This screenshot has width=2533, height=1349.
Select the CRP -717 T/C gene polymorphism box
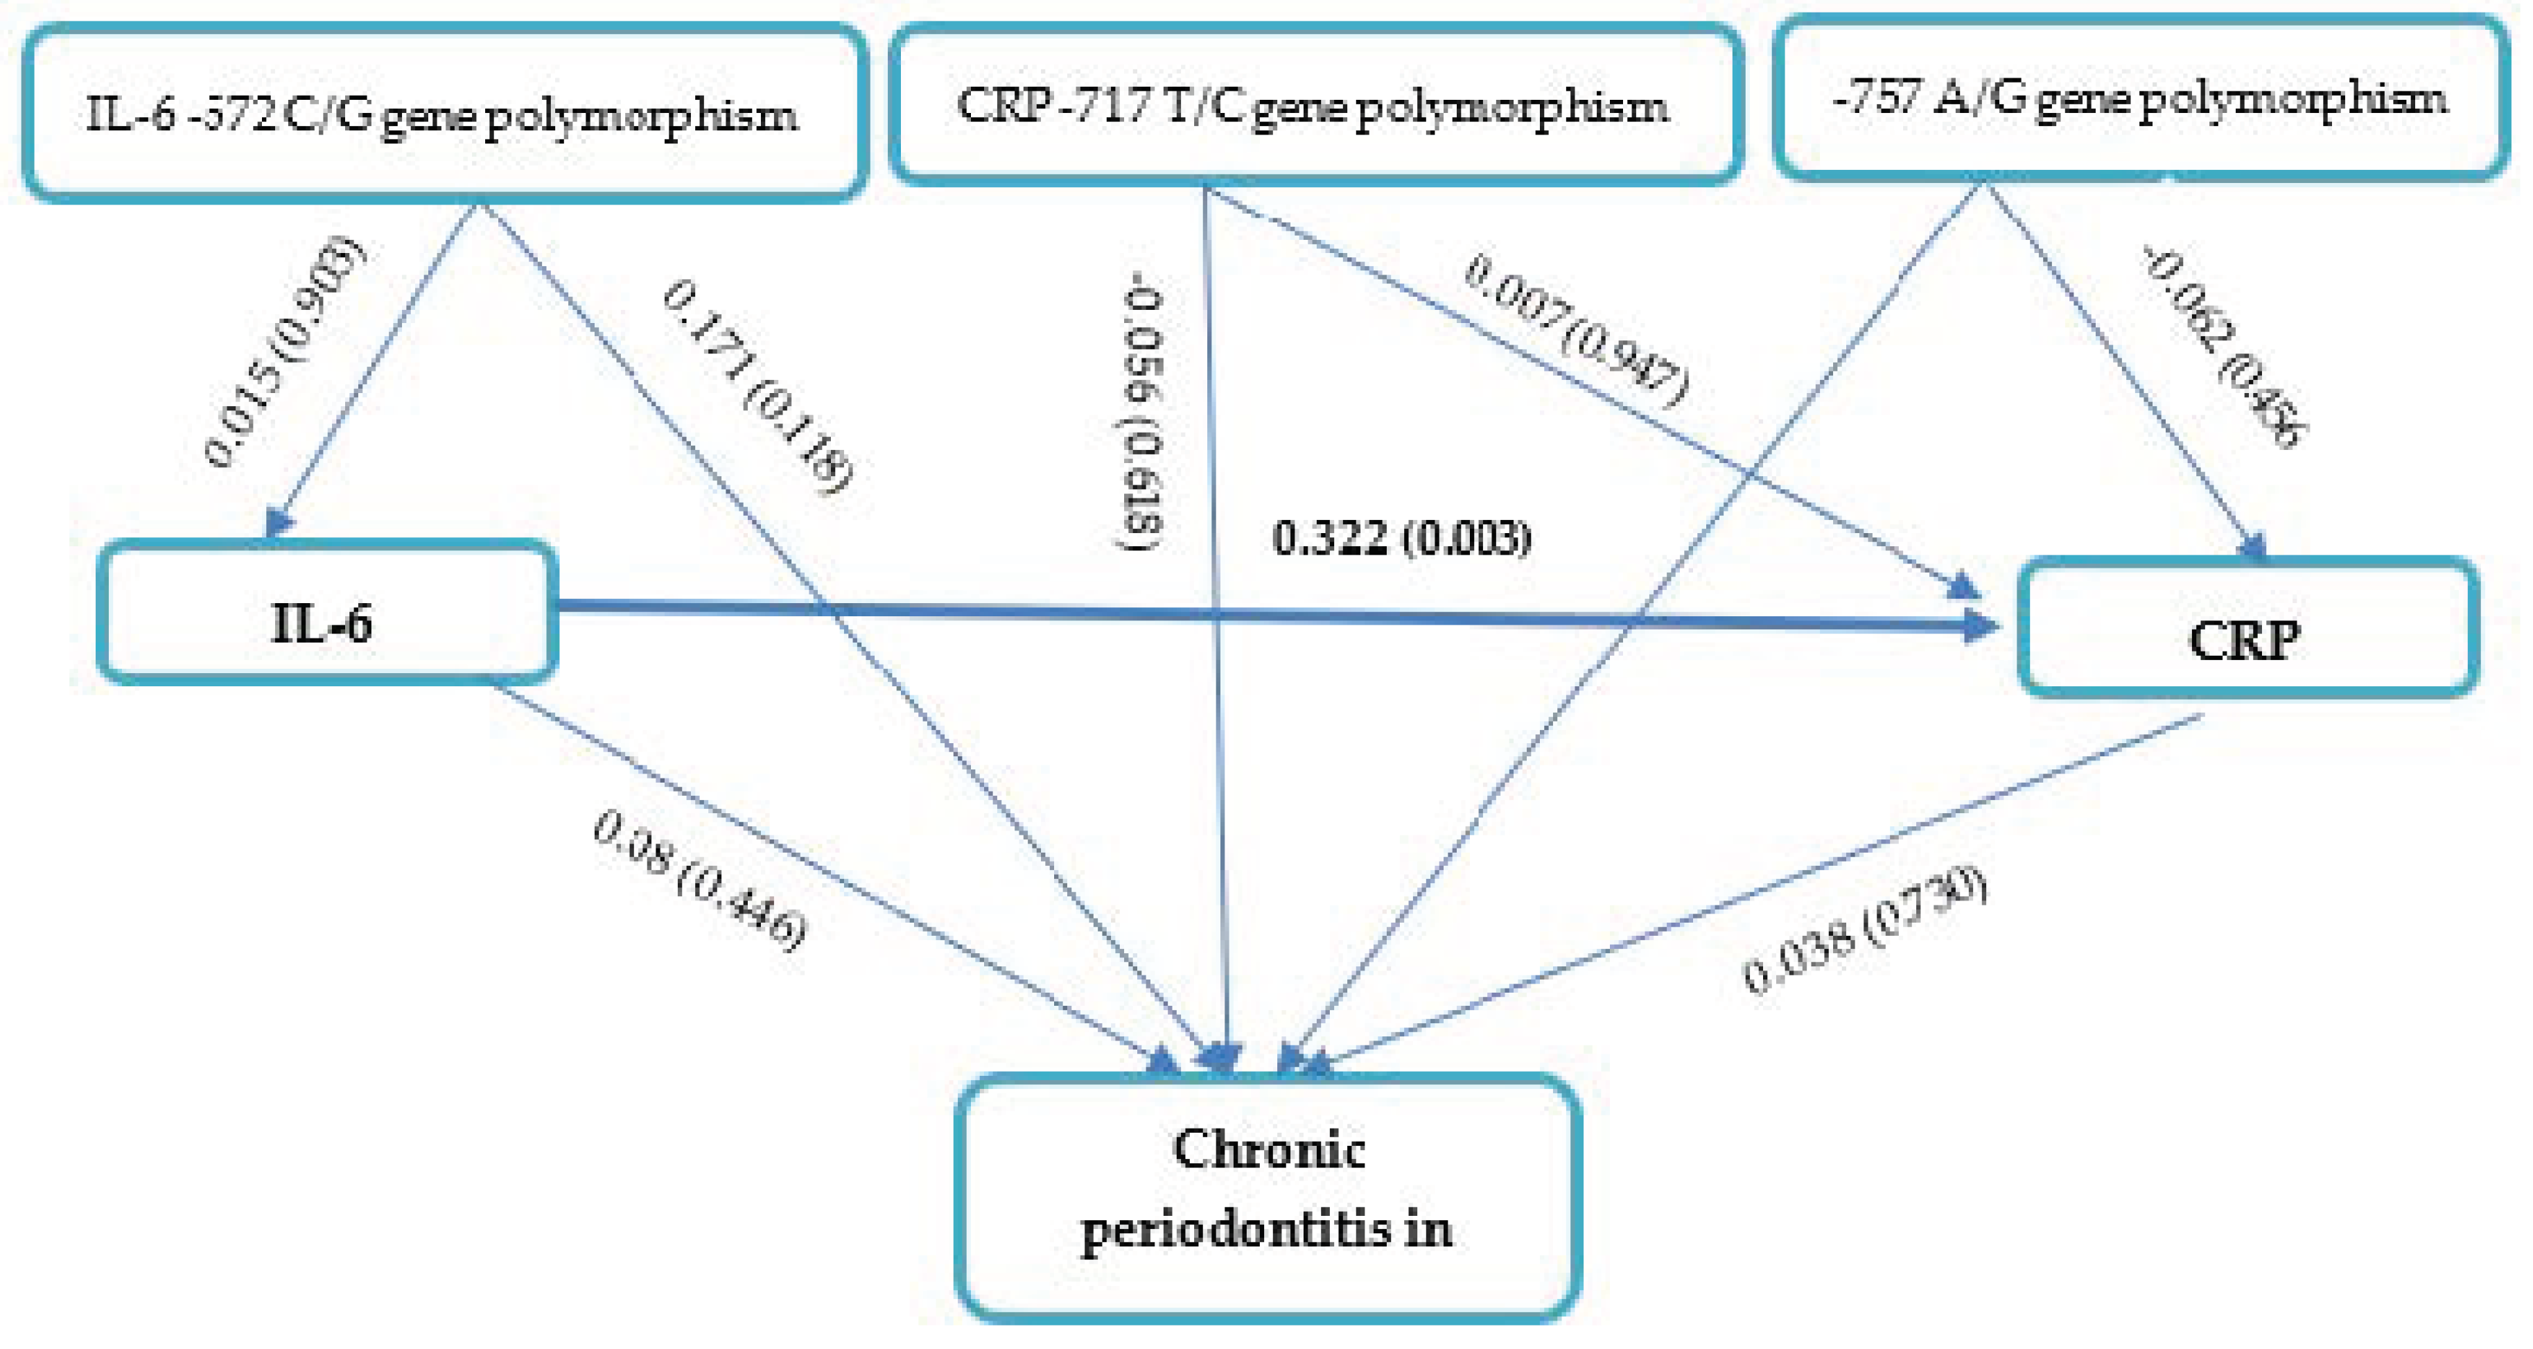(x=1315, y=104)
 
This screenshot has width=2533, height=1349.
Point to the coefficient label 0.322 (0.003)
(x=1402, y=539)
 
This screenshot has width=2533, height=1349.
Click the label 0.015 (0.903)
(x=285, y=352)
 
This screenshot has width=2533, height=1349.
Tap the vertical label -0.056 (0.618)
(x=1143, y=418)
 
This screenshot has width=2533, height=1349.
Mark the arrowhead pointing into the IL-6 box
(x=279, y=521)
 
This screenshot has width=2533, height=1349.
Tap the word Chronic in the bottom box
(x=1268, y=1150)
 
